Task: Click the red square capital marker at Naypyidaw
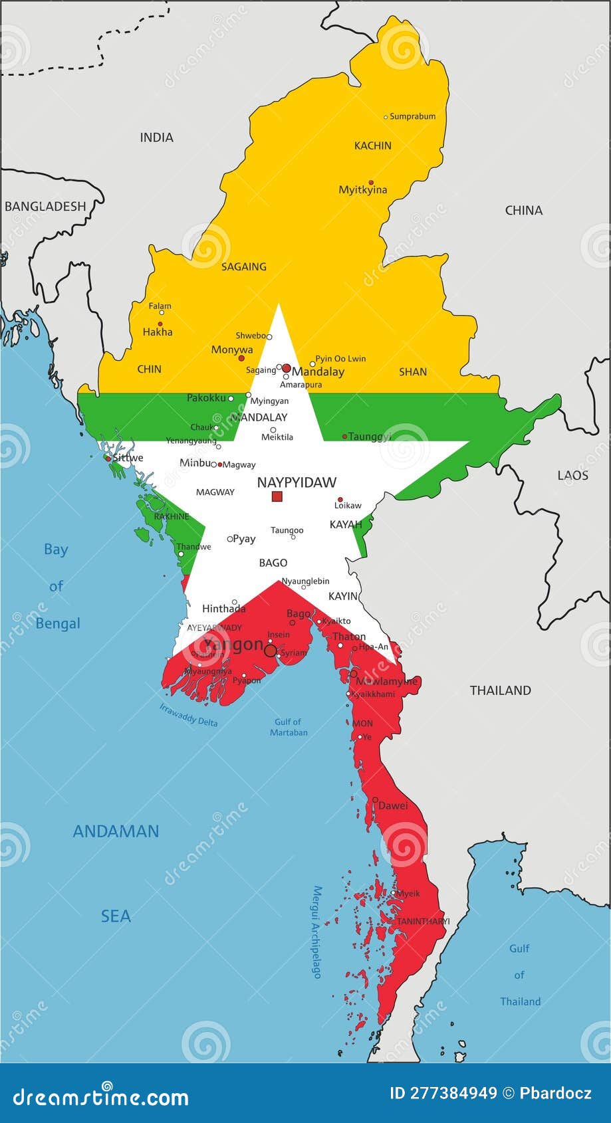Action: (277, 496)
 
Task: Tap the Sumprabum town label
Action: (413, 116)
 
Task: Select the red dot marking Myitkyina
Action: (371, 182)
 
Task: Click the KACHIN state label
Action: (373, 146)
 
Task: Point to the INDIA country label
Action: (157, 138)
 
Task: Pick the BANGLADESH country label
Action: (45, 206)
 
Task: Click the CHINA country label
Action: (524, 211)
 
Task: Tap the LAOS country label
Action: (573, 475)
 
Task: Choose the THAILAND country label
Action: (501, 690)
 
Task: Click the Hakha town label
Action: (158, 332)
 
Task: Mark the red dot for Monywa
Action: (241, 358)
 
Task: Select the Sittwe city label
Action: (128, 458)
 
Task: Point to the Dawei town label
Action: (393, 805)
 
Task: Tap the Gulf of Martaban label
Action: (289, 727)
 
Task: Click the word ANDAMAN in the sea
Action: (116, 831)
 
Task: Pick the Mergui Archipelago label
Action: (317, 932)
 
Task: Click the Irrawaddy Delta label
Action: (189, 714)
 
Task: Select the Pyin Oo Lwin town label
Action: (340, 359)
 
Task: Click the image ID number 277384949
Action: (452, 1094)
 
